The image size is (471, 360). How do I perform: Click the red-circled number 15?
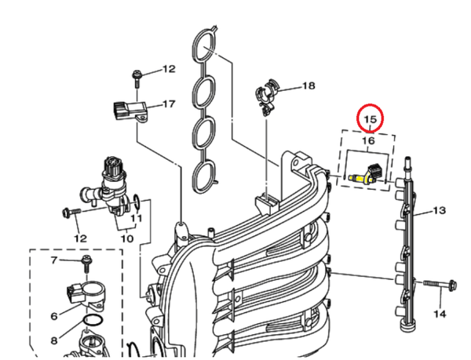pyautogui.click(x=370, y=119)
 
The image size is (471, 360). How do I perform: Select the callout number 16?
pyautogui.click(x=369, y=140)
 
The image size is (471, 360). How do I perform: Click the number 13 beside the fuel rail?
pyautogui.click(x=439, y=210)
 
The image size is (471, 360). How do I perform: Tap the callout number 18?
pyautogui.click(x=308, y=85)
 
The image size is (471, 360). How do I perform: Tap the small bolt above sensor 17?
pyautogui.click(x=137, y=75)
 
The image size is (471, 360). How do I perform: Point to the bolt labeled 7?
pyautogui.click(x=84, y=263)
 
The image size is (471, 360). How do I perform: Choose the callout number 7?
pyautogui.click(x=54, y=260)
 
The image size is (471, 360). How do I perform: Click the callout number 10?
pyautogui.click(x=126, y=238)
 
